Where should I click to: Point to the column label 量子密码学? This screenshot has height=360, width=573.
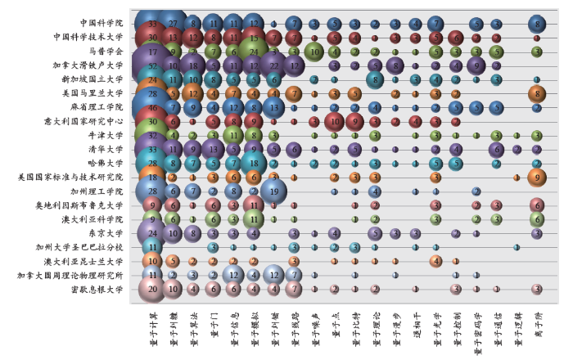[476, 327]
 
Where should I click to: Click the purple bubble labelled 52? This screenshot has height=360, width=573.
[152, 65]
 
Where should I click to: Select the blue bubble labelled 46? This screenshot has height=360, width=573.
[152, 107]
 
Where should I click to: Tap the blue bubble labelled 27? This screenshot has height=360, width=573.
[173, 23]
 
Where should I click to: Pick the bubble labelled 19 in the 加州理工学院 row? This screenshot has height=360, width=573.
[273, 191]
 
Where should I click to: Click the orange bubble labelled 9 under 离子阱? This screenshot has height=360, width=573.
[537, 177]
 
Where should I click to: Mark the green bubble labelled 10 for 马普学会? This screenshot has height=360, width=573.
[314, 52]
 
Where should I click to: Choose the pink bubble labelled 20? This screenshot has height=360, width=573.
[152, 288]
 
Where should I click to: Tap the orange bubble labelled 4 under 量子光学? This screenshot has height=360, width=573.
[435, 260]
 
